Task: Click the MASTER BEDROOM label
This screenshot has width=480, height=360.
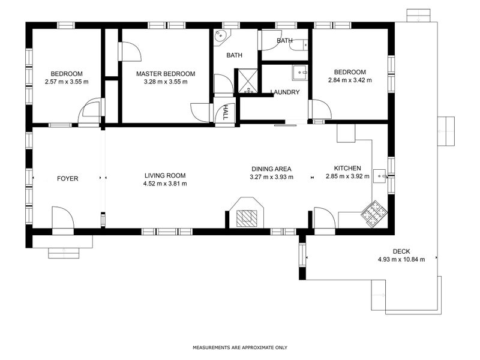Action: click(x=166, y=74)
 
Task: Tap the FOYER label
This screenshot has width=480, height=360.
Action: click(x=68, y=178)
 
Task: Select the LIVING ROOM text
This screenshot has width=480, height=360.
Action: click(x=165, y=175)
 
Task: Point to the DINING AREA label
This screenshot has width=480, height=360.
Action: click(x=272, y=169)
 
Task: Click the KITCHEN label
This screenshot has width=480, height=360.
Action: click(x=347, y=168)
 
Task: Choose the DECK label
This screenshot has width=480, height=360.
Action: click(x=401, y=251)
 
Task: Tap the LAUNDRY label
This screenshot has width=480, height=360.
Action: click(x=285, y=92)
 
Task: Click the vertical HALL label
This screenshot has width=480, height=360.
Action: click(x=226, y=112)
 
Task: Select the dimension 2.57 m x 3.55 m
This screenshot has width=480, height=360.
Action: click(x=67, y=82)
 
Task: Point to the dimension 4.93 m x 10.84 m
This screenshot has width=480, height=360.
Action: click(x=401, y=259)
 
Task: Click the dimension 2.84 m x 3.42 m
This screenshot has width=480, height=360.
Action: click(x=350, y=80)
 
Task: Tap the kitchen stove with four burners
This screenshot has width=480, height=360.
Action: click(x=374, y=214)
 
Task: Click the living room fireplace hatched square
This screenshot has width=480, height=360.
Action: click(x=247, y=218)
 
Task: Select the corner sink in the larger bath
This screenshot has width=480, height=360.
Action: click(x=221, y=37)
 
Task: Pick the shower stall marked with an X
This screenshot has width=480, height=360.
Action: click(x=248, y=81)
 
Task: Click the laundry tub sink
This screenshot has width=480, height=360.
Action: click(x=300, y=73)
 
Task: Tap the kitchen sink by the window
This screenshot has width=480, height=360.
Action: click(x=380, y=176)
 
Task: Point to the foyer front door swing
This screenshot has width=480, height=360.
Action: click(x=63, y=218)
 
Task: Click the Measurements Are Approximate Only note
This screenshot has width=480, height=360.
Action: click(x=240, y=347)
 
